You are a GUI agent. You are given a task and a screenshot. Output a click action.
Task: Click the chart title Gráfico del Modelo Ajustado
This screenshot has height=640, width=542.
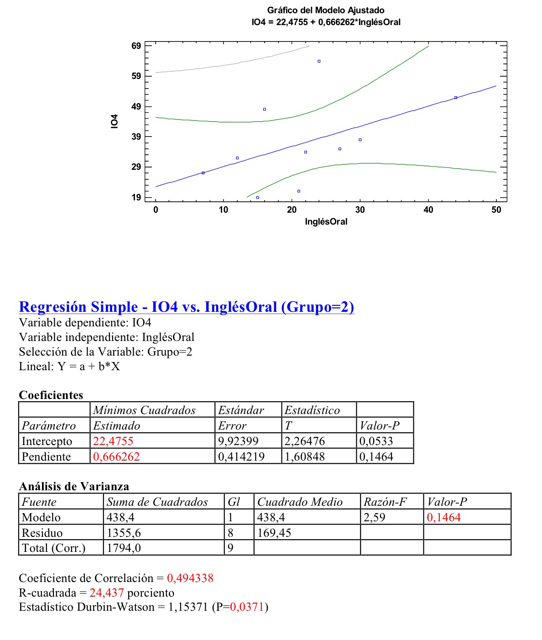325,10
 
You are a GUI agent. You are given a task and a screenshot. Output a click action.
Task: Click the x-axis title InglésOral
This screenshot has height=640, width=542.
326,222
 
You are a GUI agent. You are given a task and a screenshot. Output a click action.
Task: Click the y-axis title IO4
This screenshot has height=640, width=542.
115,121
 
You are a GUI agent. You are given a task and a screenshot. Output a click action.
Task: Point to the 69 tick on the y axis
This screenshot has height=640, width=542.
136,46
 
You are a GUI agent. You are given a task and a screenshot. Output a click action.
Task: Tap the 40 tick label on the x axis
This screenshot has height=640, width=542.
428,210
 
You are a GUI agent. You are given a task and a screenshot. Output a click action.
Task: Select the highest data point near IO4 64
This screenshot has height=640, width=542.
319,61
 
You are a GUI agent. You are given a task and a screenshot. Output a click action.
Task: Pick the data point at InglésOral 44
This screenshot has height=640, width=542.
455,98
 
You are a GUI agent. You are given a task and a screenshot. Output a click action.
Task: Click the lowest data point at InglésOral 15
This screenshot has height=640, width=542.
258,198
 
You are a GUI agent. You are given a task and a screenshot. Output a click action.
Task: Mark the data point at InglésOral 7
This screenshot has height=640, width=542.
203,173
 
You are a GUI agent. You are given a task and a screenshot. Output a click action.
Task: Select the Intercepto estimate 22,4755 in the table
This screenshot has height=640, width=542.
113,441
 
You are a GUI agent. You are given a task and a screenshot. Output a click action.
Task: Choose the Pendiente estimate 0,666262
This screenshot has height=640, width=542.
116,457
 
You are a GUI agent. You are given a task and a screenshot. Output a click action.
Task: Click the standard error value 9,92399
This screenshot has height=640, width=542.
238,441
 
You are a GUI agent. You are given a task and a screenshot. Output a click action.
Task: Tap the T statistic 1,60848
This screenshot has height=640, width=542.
305,457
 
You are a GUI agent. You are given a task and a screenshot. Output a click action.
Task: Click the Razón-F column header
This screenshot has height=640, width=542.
385,502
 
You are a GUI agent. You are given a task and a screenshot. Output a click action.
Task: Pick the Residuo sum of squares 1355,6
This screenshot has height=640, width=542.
123,533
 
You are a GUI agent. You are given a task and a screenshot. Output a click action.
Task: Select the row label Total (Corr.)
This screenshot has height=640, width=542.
53,548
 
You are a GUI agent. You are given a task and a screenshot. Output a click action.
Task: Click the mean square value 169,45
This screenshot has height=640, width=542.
274,533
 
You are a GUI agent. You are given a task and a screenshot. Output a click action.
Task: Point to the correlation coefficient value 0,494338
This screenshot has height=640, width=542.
190,578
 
